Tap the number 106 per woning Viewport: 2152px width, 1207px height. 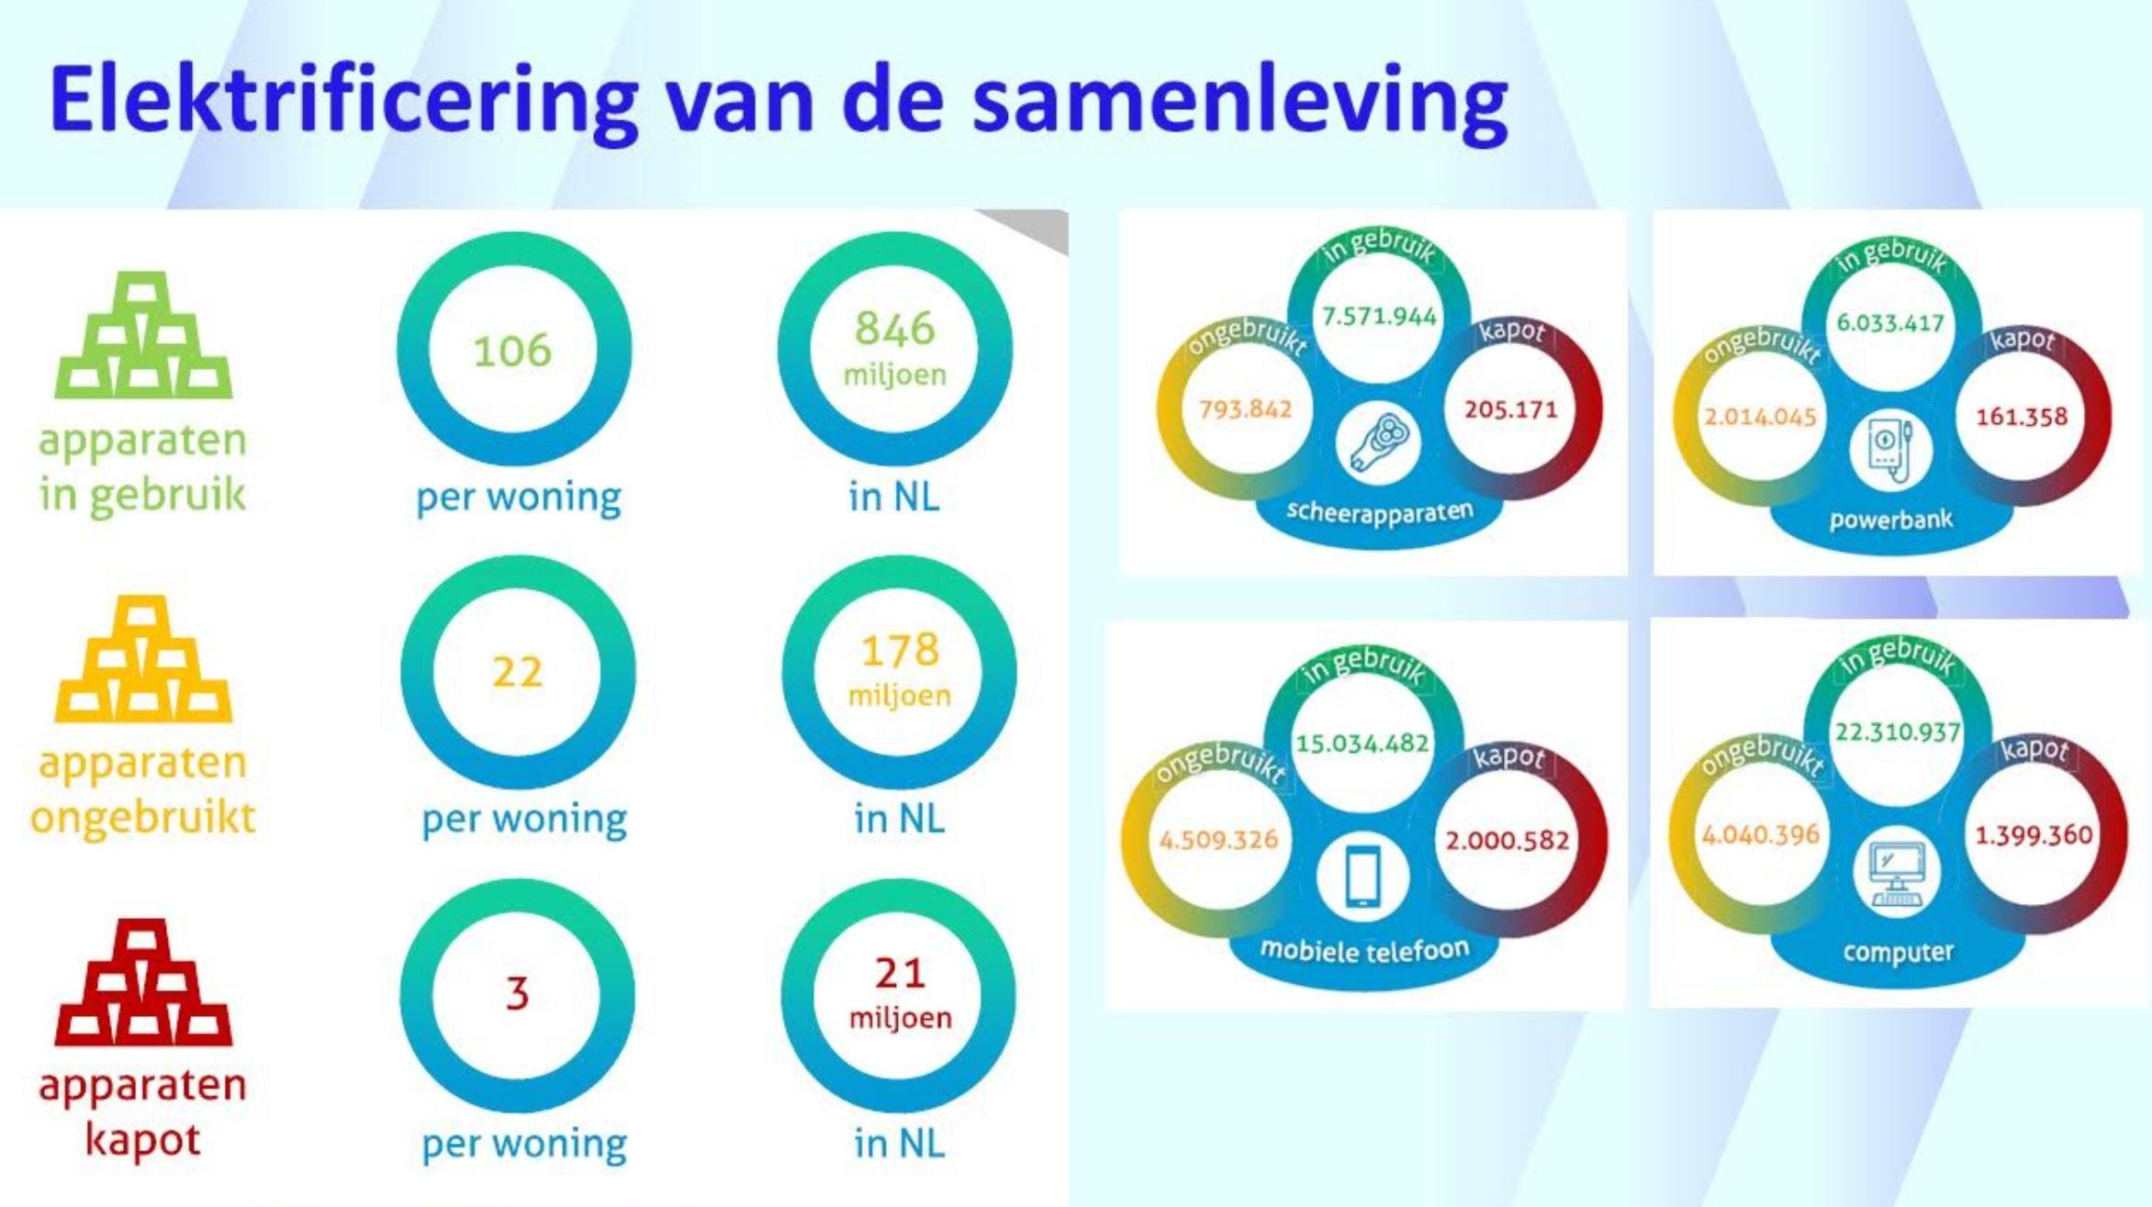click(x=512, y=351)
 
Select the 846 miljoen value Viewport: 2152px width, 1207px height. click(x=895, y=349)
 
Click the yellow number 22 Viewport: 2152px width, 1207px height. click(x=518, y=672)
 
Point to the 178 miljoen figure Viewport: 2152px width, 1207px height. click(x=900, y=670)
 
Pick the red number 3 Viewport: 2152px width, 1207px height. click(x=518, y=993)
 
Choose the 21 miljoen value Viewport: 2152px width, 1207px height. click(x=900, y=993)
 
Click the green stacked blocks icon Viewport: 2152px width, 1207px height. click(x=143, y=335)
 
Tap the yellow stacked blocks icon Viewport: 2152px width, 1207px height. click(x=143, y=659)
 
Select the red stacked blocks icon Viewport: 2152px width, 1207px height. click(x=143, y=982)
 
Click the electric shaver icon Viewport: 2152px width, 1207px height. click(x=1378, y=445)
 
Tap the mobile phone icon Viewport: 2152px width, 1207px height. click(x=1363, y=877)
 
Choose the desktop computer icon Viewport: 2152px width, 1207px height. click(x=1897, y=872)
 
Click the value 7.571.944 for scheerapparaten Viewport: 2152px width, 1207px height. click(x=1379, y=317)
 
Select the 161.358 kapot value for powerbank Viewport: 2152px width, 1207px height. click(x=2022, y=417)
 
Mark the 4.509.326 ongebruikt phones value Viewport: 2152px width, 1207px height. click(x=1218, y=840)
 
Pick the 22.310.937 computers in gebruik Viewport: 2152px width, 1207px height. click(x=1898, y=732)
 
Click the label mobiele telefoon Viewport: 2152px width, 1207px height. click(x=1364, y=950)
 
